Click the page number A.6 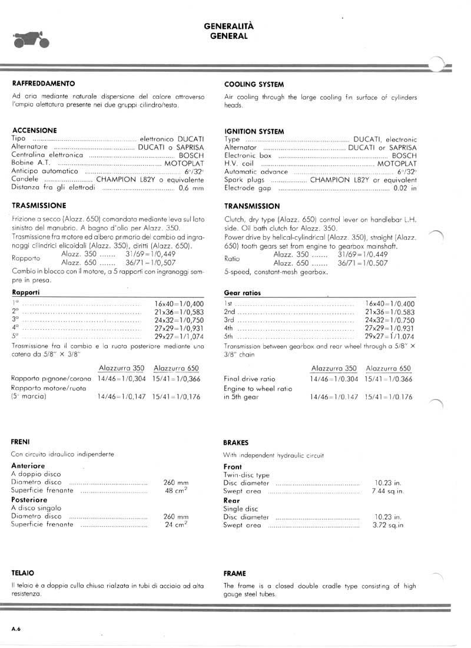pyautogui.click(x=16, y=629)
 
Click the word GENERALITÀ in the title pyautogui.click(x=229, y=27)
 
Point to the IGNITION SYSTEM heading pyautogui.click(x=254, y=131)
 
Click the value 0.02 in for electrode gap pyautogui.click(x=405, y=189)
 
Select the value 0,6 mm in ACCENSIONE pyautogui.click(x=191, y=188)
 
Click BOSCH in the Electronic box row pyautogui.click(x=404, y=156)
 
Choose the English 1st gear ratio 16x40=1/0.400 pyautogui.click(x=390, y=303)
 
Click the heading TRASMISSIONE pyautogui.click(x=39, y=206)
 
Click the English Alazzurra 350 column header pyautogui.click(x=334, y=368)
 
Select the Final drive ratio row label pyautogui.click(x=249, y=379)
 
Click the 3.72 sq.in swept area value pyautogui.click(x=388, y=525)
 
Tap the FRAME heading pyautogui.click(x=235, y=573)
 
